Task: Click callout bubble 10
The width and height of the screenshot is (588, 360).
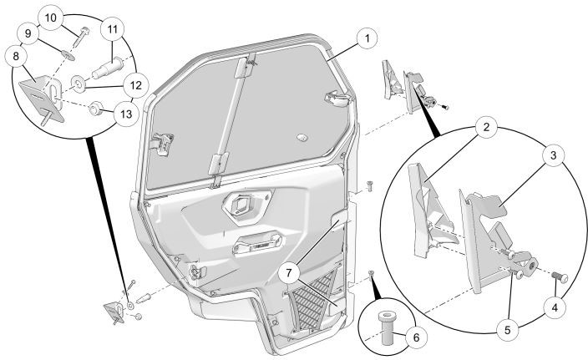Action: [x=49, y=17]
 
